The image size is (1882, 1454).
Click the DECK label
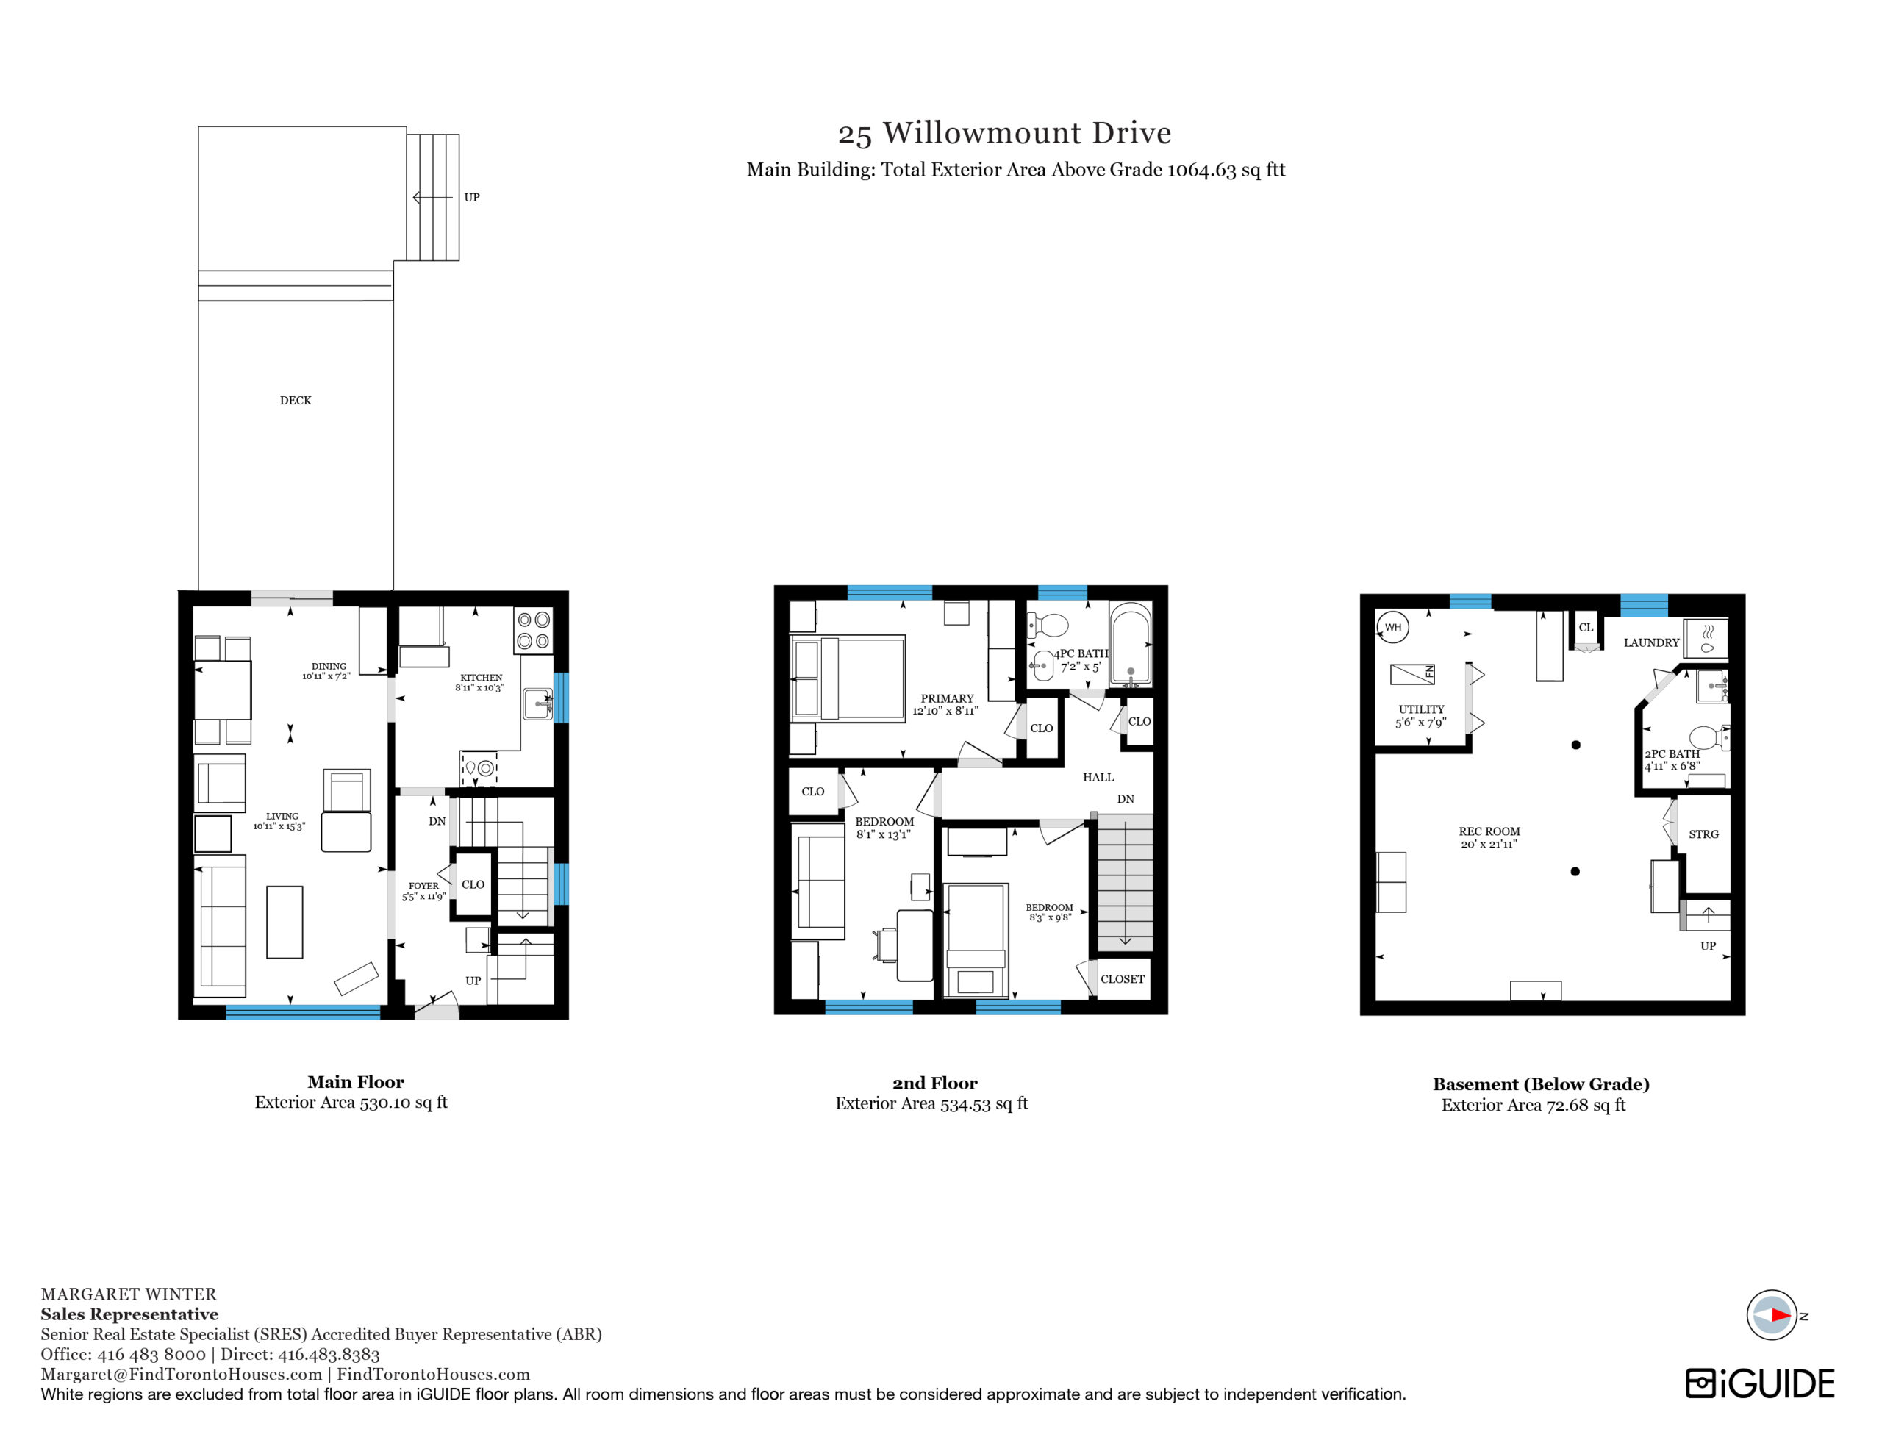pos(296,400)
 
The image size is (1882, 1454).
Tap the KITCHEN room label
pos(481,678)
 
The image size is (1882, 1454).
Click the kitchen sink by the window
pos(539,703)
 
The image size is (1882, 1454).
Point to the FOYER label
pos(423,886)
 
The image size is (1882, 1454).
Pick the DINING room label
pos(329,666)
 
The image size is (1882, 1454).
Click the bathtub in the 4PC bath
pos(1130,644)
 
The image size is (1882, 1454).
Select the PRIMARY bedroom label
pos(947,698)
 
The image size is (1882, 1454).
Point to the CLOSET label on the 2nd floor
pos(1122,979)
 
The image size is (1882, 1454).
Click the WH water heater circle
pos(1393,626)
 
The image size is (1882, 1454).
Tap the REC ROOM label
pos(1489,831)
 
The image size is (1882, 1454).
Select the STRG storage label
pos(1703,834)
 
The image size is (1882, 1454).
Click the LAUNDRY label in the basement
pos(1651,642)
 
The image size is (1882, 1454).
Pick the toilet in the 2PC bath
pos(1708,737)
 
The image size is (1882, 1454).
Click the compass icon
pos(1771,1315)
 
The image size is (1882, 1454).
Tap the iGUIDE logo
pos(1760,1383)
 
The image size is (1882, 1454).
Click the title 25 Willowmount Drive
pos(1005,133)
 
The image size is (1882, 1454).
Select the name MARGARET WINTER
pos(129,1294)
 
